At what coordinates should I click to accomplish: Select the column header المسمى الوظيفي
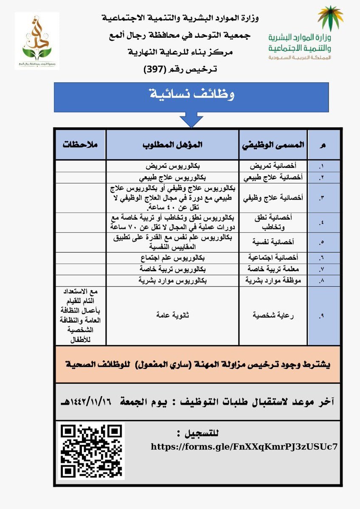click(x=273, y=144)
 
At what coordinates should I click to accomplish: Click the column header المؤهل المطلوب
click(x=172, y=144)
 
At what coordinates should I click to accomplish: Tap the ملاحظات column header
click(x=80, y=144)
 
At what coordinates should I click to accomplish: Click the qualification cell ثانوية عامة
click(x=172, y=315)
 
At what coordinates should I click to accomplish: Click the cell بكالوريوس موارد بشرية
click(x=172, y=281)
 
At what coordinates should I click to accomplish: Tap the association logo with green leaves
click(x=37, y=41)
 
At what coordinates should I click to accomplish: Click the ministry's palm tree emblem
click(x=330, y=18)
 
